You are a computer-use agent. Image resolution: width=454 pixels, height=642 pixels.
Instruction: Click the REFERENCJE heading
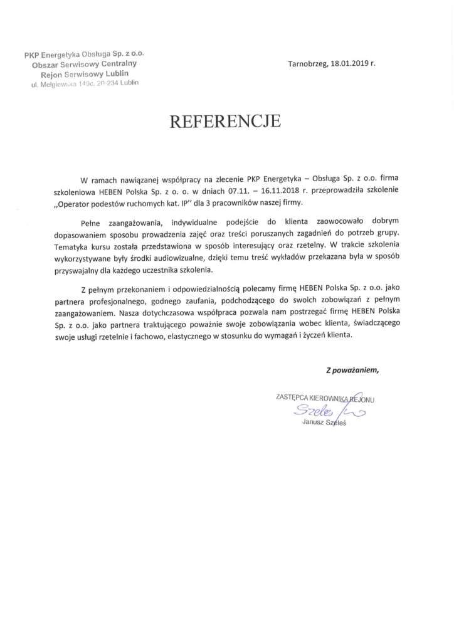[226, 122]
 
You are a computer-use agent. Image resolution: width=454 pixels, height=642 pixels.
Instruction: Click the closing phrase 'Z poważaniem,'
[352, 370]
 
